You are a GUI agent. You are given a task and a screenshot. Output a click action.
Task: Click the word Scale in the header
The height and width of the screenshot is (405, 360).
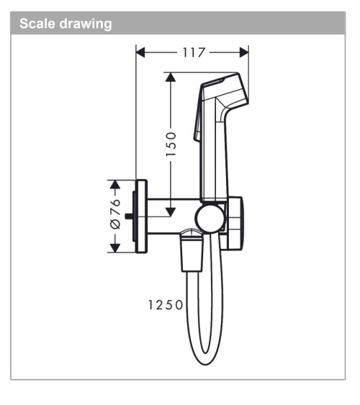pyautogui.click(x=36, y=24)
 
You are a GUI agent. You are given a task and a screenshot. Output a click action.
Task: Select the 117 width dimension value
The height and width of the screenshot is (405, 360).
pyautogui.click(x=193, y=53)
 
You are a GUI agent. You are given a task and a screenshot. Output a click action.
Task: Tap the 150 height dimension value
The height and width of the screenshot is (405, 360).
pyautogui.click(x=170, y=144)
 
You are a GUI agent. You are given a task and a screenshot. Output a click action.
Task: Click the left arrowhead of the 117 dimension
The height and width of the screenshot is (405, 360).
pyautogui.click(x=141, y=53)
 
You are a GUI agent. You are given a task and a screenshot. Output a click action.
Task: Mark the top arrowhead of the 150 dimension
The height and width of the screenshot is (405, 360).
pyautogui.click(x=170, y=76)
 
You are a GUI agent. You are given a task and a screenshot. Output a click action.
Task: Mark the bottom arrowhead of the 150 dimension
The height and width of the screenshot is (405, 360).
pyautogui.click(x=170, y=211)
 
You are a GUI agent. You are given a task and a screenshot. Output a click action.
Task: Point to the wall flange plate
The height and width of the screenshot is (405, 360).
pyautogui.click(x=141, y=216)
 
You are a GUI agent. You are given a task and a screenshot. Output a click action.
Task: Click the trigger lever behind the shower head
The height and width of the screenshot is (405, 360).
pyautogui.click(x=195, y=129)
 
